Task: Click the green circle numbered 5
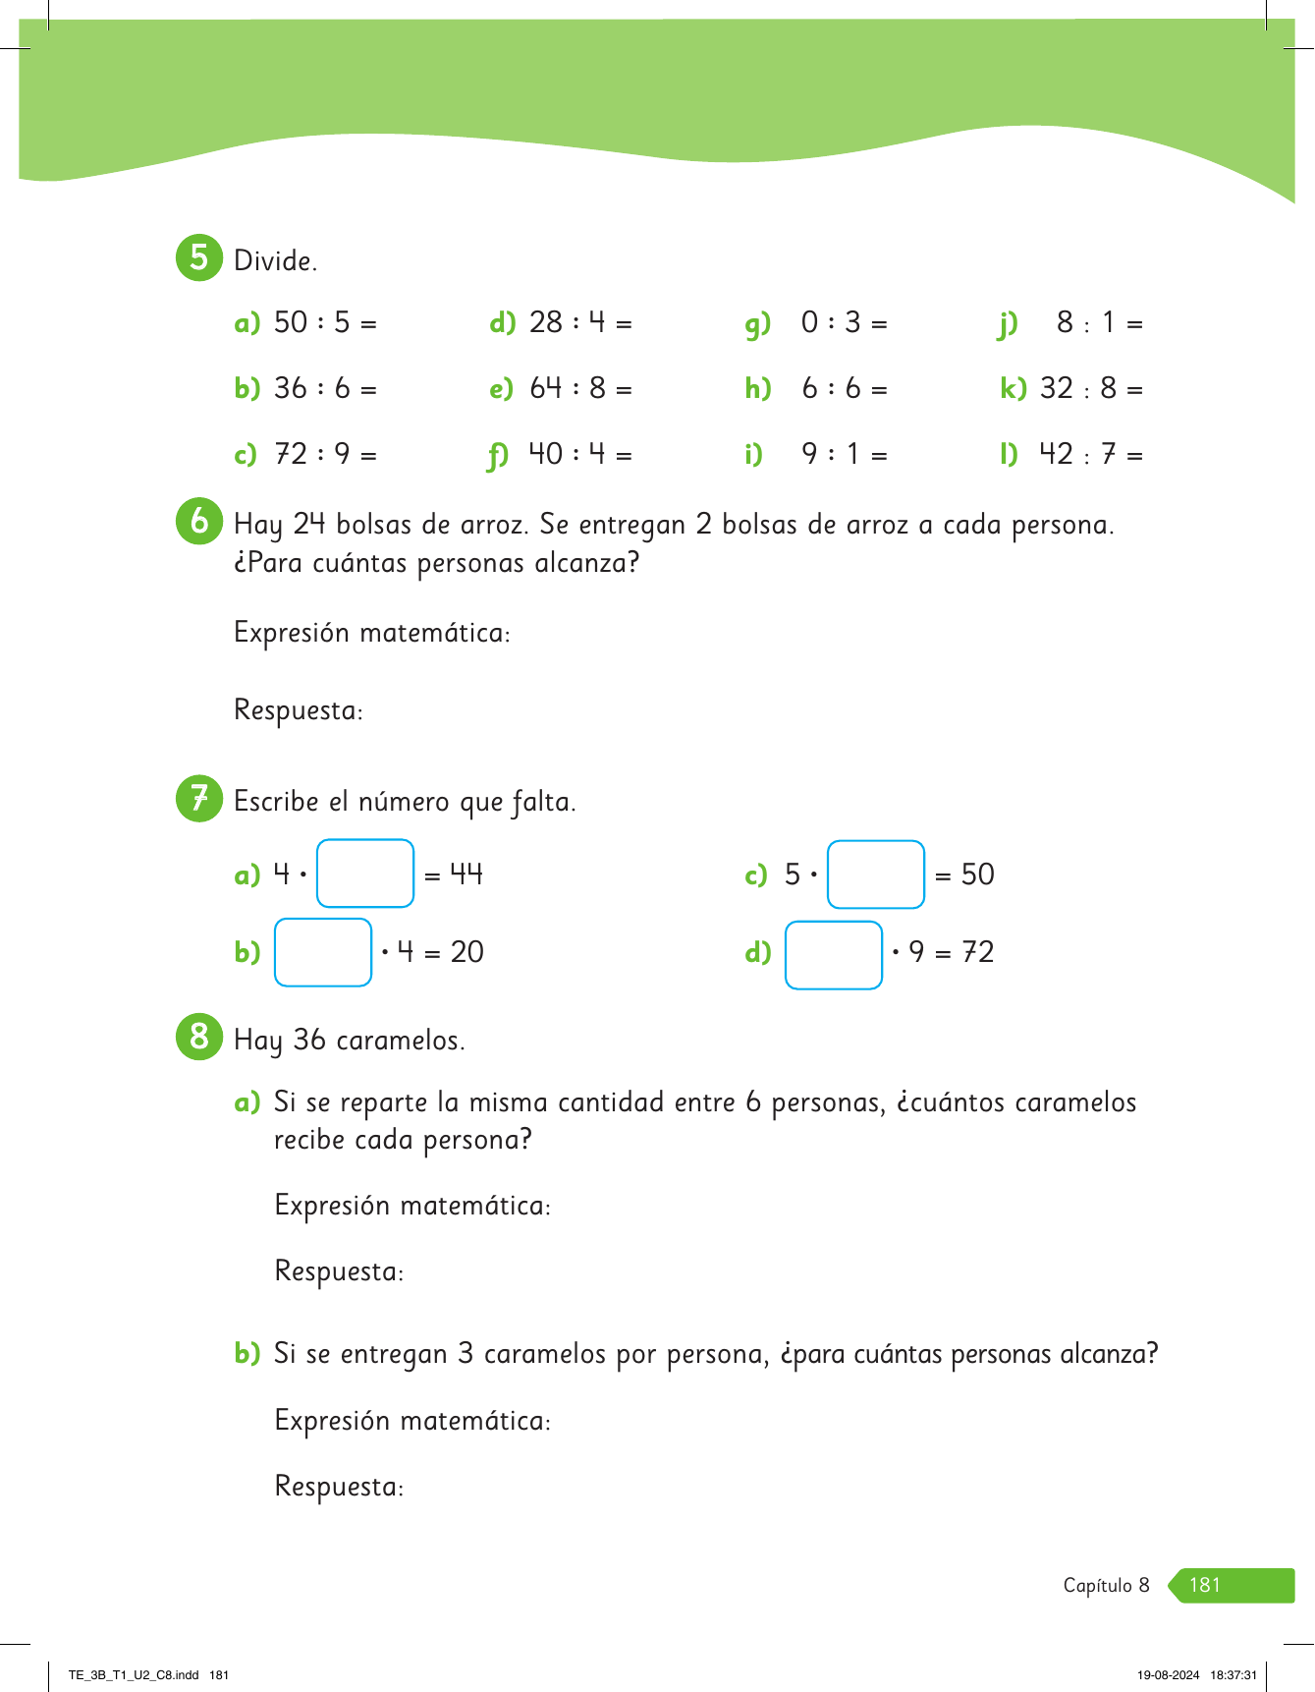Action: (x=199, y=258)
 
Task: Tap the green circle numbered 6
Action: (x=199, y=521)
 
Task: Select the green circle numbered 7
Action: (x=199, y=798)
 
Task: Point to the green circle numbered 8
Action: (x=199, y=1036)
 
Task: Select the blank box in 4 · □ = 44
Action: (x=365, y=873)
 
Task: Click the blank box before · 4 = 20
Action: (x=323, y=951)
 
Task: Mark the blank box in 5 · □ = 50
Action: (x=876, y=874)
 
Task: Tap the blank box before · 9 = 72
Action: (x=834, y=954)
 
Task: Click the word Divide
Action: (x=275, y=260)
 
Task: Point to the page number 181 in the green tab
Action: (x=1205, y=1585)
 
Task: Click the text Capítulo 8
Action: (x=1106, y=1585)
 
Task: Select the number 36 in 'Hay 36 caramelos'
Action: (x=309, y=1040)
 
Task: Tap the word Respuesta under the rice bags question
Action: (x=298, y=709)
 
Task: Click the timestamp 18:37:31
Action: (x=1233, y=1675)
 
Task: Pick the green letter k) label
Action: (x=1013, y=389)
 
